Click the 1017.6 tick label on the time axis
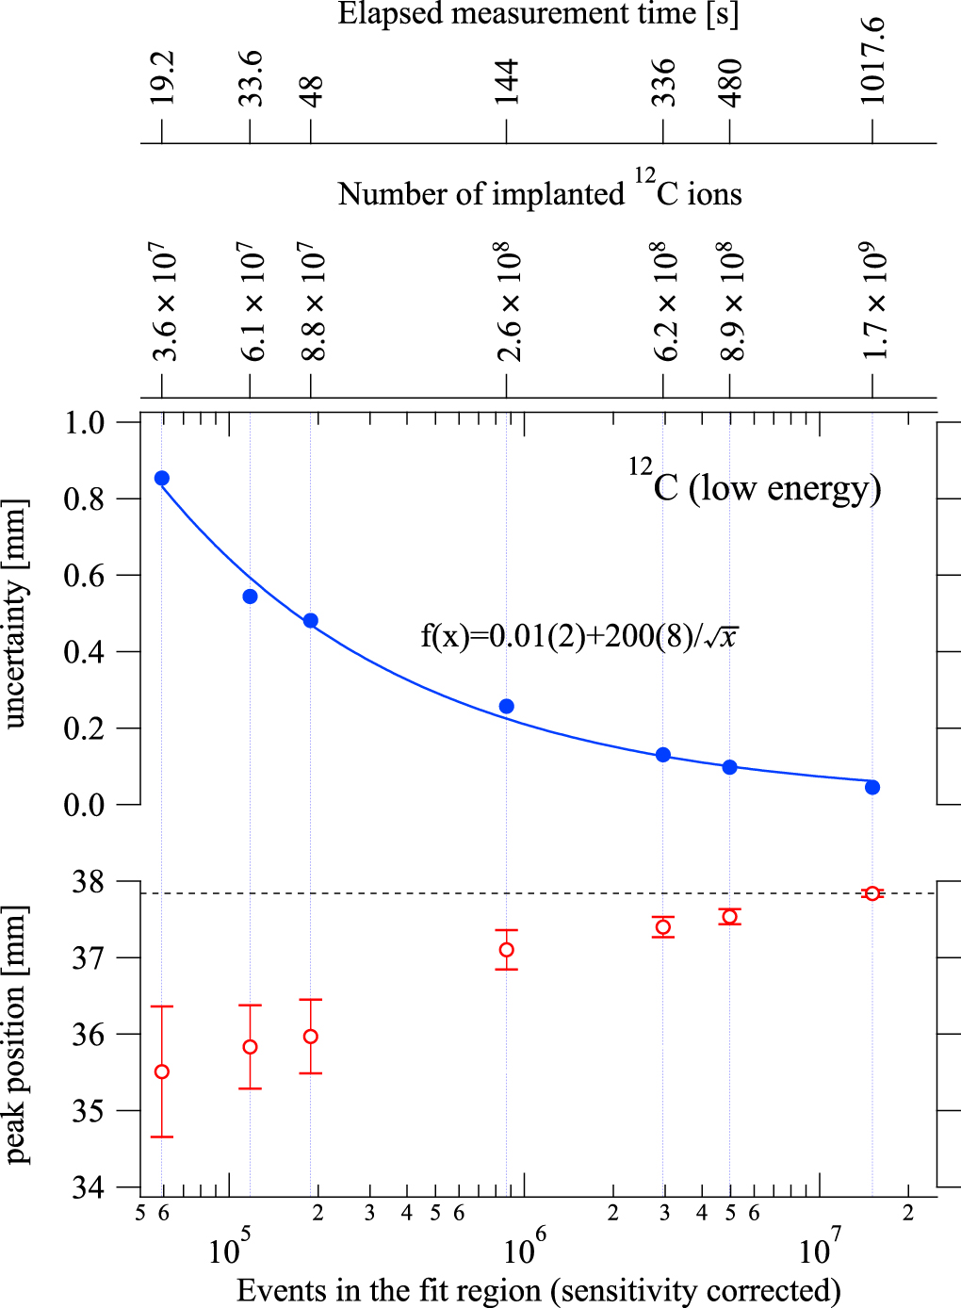coord(871,60)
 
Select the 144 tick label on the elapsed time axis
coord(507,82)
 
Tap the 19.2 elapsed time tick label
coord(162,77)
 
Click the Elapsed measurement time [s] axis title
coord(538,14)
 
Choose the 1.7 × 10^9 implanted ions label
coord(874,302)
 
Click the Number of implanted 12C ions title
coord(539,191)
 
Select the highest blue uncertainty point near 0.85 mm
coord(162,478)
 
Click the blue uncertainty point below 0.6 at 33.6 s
coord(250,597)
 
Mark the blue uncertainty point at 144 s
coord(507,707)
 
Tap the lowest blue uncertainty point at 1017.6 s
coord(872,788)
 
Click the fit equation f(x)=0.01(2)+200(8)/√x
coord(578,636)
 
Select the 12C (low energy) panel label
coord(756,484)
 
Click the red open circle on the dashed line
coord(872,893)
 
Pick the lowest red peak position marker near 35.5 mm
coord(162,1071)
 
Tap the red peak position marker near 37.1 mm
coord(507,950)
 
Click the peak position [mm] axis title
coord(16,1035)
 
